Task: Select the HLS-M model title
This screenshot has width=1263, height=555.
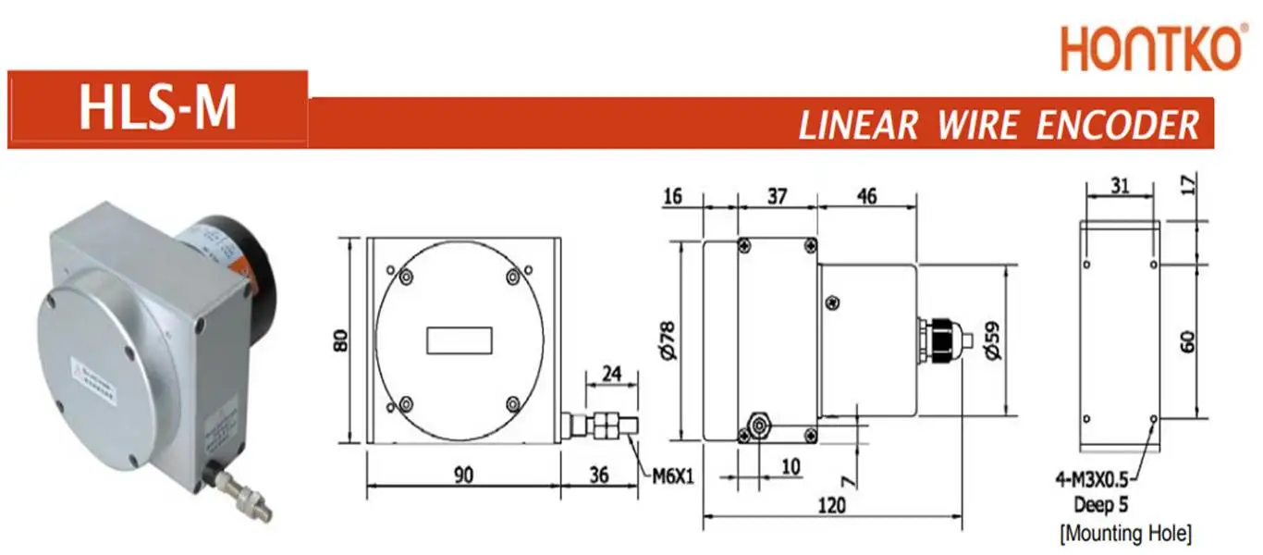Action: pyautogui.click(x=157, y=107)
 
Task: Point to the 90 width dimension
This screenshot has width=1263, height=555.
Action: pyautogui.click(x=463, y=475)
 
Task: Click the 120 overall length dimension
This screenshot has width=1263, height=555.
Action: pyautogui.click(x=832, y=507)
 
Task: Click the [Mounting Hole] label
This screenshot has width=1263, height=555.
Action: pyautogui.click(x=1124, y=533)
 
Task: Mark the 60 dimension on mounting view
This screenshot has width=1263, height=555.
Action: pyautogui.click(x=1189, y=340)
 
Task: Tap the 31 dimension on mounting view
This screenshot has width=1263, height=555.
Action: pyautogui.click(x=1120, y=186)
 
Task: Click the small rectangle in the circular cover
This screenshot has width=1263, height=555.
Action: pyautogui.click(x=460, y=340)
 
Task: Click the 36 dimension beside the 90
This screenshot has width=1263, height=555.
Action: pyautogui.click(x=598, y=475)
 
